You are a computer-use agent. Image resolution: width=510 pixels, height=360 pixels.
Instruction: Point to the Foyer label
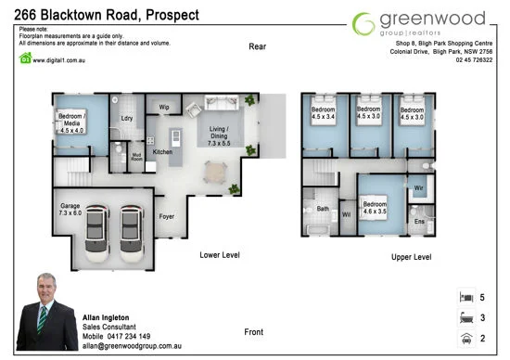167,216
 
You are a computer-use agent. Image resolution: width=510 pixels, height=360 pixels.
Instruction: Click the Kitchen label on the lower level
162,152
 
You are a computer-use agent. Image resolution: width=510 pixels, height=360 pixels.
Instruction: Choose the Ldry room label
127,119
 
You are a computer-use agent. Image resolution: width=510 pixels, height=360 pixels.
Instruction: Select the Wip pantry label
163,108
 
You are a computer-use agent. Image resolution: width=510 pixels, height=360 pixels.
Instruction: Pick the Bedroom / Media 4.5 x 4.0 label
71,123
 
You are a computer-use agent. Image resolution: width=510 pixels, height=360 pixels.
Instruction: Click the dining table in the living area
215,171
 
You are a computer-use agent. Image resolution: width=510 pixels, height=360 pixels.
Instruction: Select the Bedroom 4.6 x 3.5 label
375,208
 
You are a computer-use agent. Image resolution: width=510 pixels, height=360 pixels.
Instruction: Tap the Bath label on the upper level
323,209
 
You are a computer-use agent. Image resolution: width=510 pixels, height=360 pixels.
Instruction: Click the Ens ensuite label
419,222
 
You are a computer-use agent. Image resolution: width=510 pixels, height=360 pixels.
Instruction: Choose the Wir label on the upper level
418,187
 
